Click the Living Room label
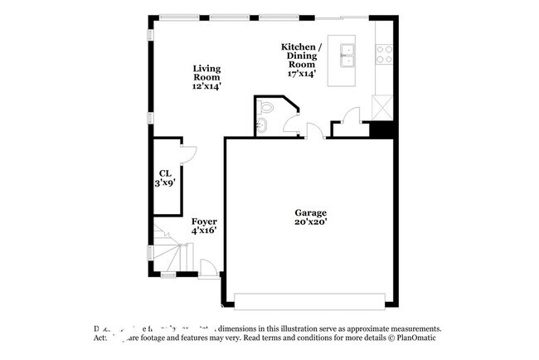(x=206, y=72)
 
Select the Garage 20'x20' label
(x=310, y=217)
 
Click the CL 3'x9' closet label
(x=164, y=178)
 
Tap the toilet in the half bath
(x=265, y=109)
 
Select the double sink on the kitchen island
(x=347, y=56)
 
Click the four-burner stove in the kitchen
(x=385, y=55)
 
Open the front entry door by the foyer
(x=208, y=268)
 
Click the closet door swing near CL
(x=187, y=153)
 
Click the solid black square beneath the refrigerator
(x=381, y=129)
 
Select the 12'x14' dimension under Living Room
(x=206, y=85)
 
